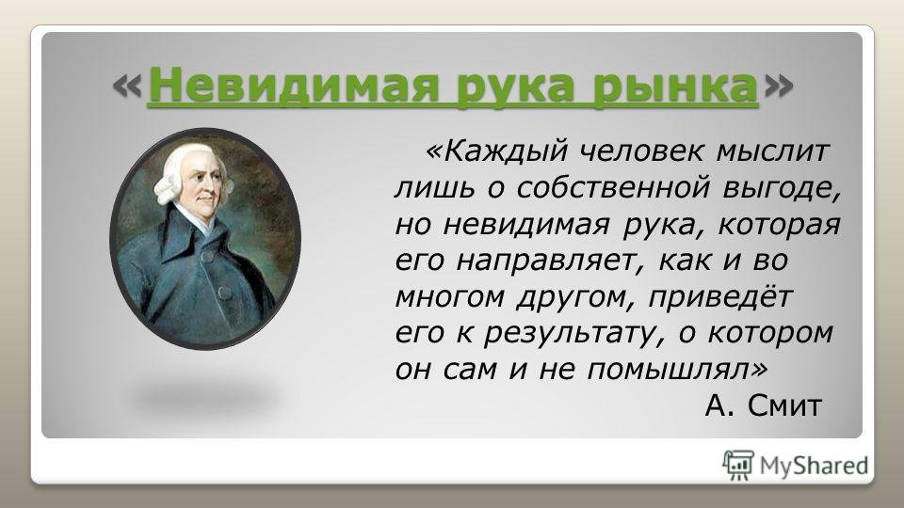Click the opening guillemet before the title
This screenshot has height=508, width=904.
click(x=126, y=87)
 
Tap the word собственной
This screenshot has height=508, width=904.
click(x=612, y=188)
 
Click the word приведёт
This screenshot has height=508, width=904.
click(x=720, y=297)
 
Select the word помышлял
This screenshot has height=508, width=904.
click(x=678, y=370)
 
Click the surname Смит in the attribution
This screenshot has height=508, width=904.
click(x=784, y=405)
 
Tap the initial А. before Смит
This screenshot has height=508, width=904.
click(x=719, y=405)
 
